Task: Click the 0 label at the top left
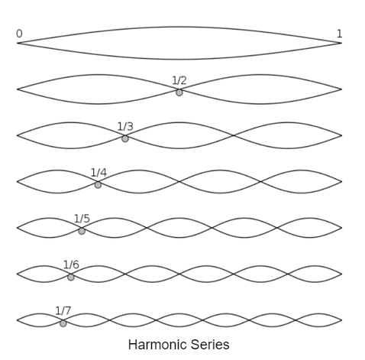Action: pos(19,34)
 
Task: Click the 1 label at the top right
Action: pos(339,34)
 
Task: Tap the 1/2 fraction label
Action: pos(179,80)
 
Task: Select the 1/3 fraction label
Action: pos(125,126)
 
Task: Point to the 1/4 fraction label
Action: pos(99,173)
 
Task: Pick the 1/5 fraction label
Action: pos(82,219)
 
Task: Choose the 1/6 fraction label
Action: pos(71,264)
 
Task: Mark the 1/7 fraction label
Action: pos(63,311)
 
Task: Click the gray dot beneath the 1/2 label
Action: pos(179,92)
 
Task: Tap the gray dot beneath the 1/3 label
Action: pos(125,138)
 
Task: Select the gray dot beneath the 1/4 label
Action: pos(98,185)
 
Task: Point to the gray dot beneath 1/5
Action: pos(82,231)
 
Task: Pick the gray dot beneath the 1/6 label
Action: pos(71,277)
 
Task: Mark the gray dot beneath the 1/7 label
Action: pos(63,323)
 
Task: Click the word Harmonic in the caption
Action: pos(157,345)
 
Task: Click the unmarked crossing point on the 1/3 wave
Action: pos(234,135)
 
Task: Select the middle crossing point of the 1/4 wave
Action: pos(179,182)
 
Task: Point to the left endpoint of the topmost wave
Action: pos(18,43)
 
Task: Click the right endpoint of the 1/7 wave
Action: pos(341,320)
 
